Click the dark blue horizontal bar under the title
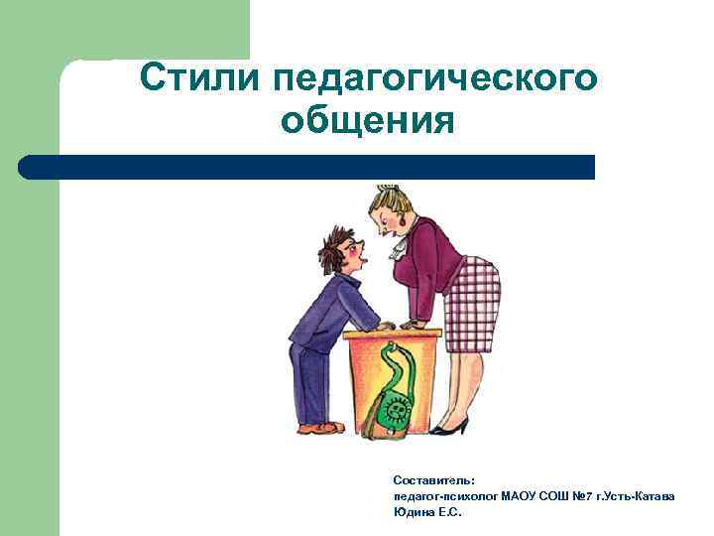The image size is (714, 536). pos(307,167)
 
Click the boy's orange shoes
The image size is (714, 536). pos(322,428)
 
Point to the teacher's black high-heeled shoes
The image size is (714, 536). pos(451,427)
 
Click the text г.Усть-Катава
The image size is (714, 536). pos(634,496)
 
